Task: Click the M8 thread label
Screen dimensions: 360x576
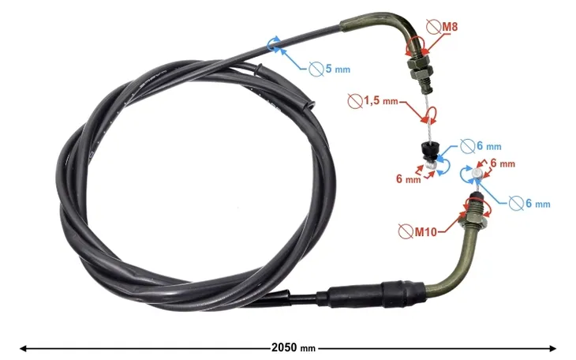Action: [449, 27]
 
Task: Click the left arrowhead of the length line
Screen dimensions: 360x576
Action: [23, 347]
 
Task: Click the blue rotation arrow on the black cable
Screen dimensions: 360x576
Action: [275, 44]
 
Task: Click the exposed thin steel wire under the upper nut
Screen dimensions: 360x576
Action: [426, 107]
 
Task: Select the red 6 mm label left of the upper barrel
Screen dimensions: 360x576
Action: [408, 179]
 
